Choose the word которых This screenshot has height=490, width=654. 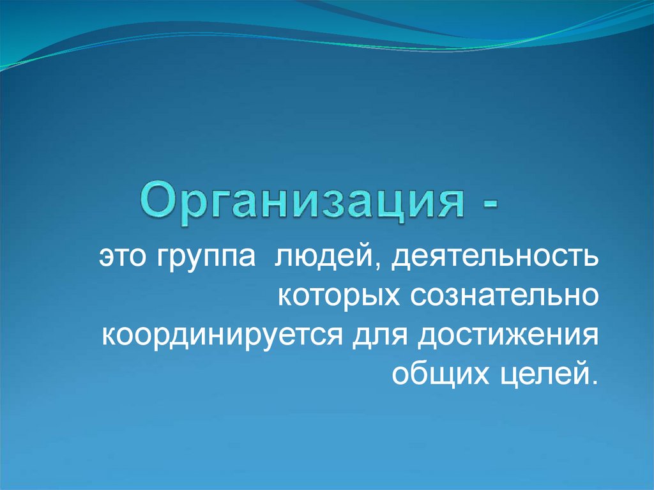(x=342, y=298)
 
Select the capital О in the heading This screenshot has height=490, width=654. (x=156, y=202)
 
